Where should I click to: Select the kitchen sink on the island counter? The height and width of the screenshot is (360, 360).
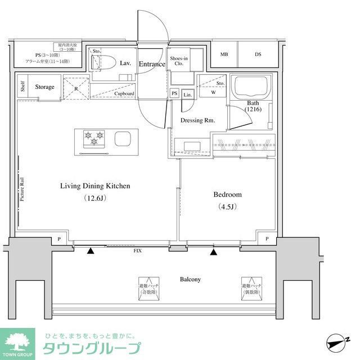pos(123,138)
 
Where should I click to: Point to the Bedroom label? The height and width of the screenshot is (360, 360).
pos(227,195)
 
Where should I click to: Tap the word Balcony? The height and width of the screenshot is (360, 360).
pos(190,280)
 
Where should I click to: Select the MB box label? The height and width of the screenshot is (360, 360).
pos(224,55)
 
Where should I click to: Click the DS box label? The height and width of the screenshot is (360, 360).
pos(258,55)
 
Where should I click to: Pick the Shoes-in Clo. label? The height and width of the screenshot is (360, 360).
pos(179,61)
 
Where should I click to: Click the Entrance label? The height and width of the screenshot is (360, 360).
pos(152,64)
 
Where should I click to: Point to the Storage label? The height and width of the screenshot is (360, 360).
pos(45,87)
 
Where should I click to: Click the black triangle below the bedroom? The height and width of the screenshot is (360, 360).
pos(213,251)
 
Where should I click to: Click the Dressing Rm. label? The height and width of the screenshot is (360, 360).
pos(198,120)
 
